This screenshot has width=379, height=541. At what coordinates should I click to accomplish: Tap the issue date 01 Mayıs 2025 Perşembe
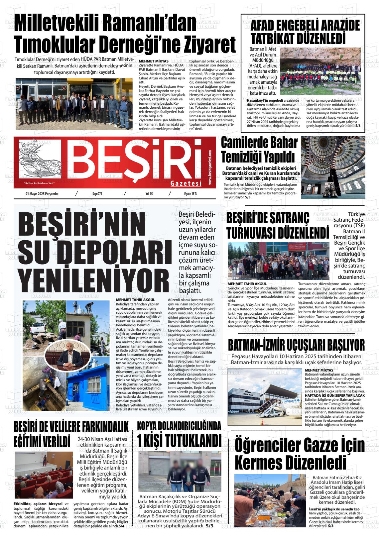click(42, 194)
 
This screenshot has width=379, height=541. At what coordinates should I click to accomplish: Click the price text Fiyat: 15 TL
click(190, 194)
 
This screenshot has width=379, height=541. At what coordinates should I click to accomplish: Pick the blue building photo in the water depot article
click(88, 385)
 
